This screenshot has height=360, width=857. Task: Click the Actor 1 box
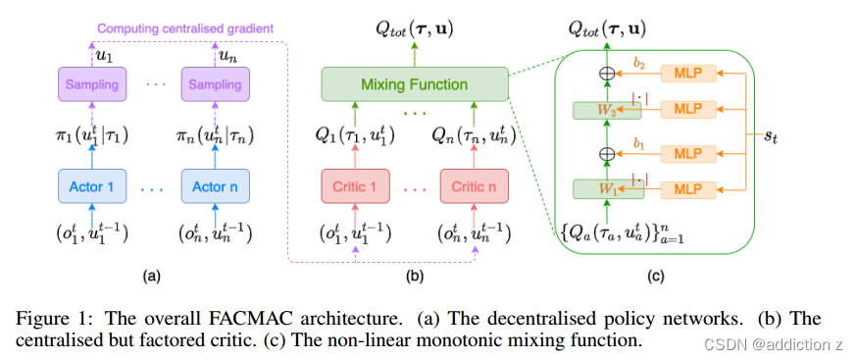click(91, 185)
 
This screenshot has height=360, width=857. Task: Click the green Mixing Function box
click(415, 83)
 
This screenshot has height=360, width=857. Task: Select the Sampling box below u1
click(91, 84)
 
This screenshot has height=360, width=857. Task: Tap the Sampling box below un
click(215, 84)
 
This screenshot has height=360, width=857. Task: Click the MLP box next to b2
click(692, 73)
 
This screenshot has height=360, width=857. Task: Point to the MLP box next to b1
click(692, 154)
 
